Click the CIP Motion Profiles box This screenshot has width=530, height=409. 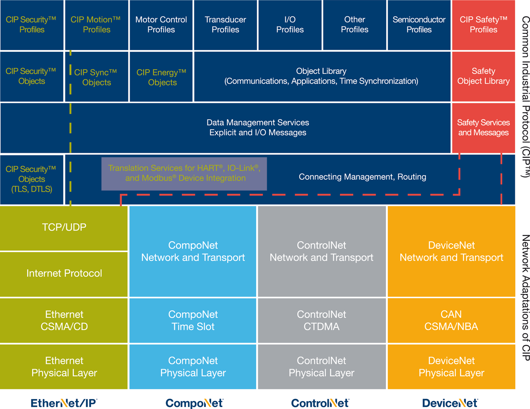tap(96, 25)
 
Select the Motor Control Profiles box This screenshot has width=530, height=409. tap(161, 25)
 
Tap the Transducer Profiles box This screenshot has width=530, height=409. tap(225, 25)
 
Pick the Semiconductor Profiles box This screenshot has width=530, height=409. tap(419, 25)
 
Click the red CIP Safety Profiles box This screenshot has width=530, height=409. tap(483, 25)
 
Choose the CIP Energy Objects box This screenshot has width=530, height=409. tap(161, 77)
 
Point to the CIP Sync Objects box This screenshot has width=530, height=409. tap(96, 77)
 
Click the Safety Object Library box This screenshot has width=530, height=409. tap(483, 76)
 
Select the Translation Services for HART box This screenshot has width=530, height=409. tap(185, 173)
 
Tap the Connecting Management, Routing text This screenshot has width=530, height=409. tap(362, 177)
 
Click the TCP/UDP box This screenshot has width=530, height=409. tap(64, 227)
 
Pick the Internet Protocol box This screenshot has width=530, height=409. tap(64, 273)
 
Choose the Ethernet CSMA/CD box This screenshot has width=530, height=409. tap(64, 320)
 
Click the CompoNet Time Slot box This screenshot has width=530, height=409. tap(193, 320)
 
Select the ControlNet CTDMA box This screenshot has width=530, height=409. tap(321, 320)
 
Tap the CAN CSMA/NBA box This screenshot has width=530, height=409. tap(451, 320)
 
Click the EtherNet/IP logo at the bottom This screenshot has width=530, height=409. tap(64, 403)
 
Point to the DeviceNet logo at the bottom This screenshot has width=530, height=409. tap(450, 403)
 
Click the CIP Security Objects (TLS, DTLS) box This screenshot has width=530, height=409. tap(32, 179)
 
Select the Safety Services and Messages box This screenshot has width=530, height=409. tap(483, 128)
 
